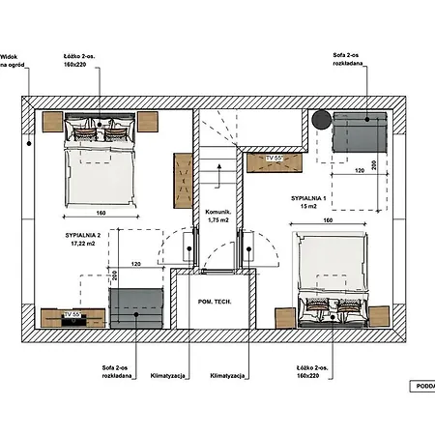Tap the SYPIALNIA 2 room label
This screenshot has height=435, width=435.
click(x=61, y=240)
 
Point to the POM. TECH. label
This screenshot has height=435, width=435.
click(x=214, y=301)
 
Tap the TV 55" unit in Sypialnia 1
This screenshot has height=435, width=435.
click(x=274, y=160)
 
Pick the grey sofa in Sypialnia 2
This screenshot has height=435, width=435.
click(x=136, y=307)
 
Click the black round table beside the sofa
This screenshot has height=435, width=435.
click(x=321, y=120)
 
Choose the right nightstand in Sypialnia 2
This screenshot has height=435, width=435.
click(x=148, y=121)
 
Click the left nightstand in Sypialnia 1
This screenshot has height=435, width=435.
click(x=286, y=318)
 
